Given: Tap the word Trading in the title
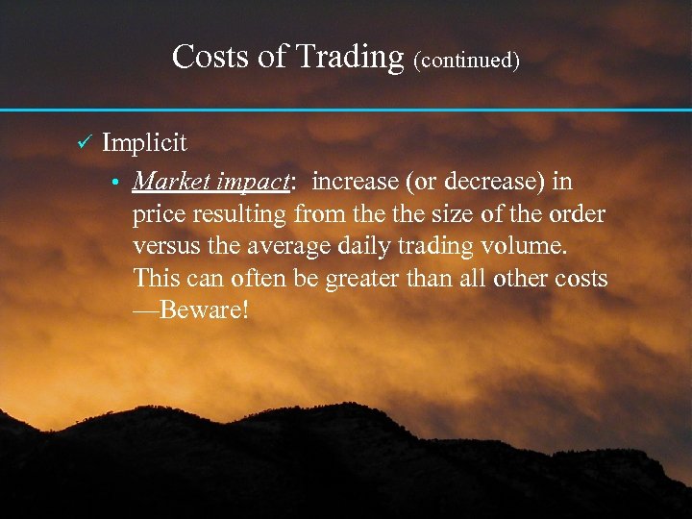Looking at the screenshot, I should (350, 57).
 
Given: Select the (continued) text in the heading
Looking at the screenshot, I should (467, 61).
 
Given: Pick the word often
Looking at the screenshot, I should (240, 278).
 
